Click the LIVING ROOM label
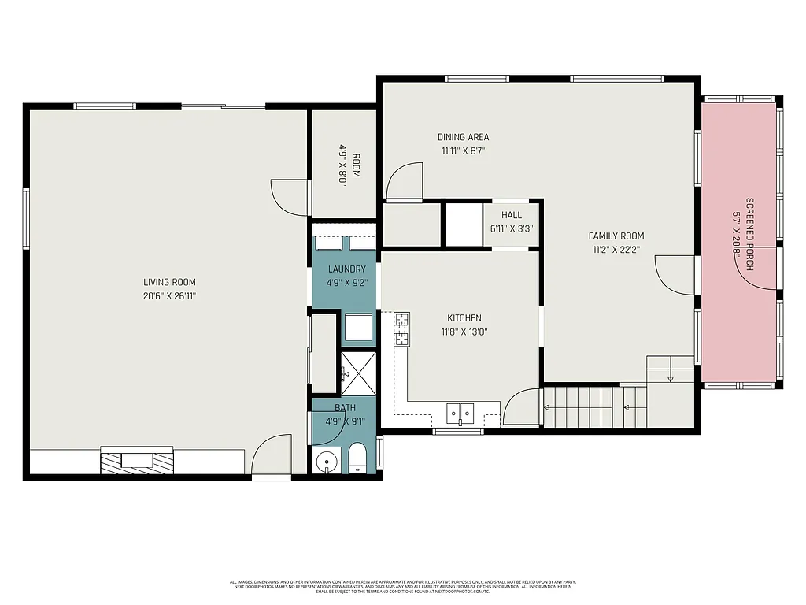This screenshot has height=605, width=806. coord(169,282)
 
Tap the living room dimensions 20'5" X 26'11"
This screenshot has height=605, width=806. coord(169,296)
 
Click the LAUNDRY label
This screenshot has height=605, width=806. coord(346,269)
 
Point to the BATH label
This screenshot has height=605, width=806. coord(345,407)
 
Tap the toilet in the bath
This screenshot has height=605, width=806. coord(357,458)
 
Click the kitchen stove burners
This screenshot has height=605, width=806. coord(401,329)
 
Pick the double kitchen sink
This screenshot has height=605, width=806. coord(460,412)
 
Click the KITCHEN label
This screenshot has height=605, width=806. coord(464,318)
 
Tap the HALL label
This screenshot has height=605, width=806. coord(512,215)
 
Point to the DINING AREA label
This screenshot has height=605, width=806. coord(463,137)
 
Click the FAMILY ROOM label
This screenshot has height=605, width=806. coord(616,236)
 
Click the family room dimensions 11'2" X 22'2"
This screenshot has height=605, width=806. coord(616,250)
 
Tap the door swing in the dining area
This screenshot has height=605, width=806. coord(406,181)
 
